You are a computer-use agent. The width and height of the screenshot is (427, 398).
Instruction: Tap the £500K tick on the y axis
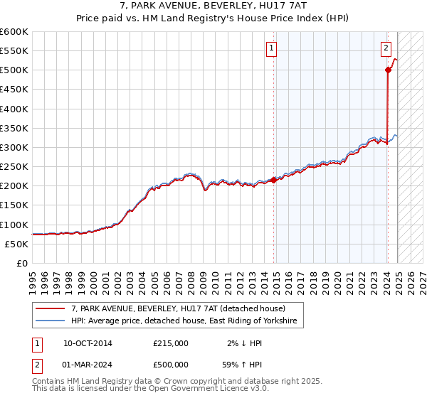click(14, 70)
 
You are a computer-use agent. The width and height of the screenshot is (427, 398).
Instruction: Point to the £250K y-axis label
click(14, 167)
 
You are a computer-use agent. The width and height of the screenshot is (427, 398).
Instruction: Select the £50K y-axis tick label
click(16, 244)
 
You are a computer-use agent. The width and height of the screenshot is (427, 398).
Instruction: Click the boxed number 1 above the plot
click(273, 49)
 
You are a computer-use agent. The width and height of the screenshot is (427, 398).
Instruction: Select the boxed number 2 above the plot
click(386, 49)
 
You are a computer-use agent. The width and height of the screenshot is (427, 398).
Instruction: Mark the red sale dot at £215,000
click(274, 181)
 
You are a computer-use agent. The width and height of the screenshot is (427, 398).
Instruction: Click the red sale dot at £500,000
click(388, 70)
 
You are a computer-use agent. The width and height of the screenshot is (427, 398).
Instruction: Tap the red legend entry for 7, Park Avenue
click(178, 308)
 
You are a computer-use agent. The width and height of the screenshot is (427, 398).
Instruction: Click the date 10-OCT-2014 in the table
click(88, 343)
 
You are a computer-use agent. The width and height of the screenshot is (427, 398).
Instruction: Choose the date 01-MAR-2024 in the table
click(88, 365)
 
